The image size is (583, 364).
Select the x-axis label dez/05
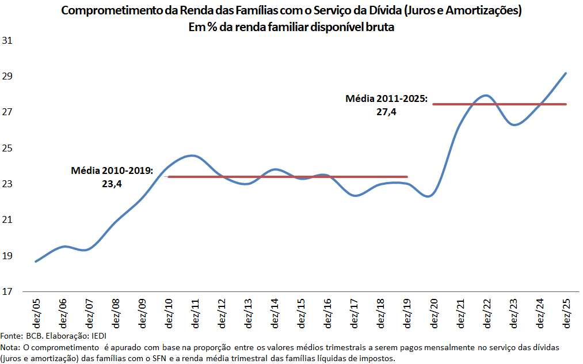36,313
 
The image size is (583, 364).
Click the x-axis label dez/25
566,313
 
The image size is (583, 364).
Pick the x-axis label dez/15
301,313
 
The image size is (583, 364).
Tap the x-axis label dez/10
169,313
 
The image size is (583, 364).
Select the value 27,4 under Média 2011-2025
387,112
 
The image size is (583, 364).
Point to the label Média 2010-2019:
112,171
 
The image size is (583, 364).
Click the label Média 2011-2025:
387,99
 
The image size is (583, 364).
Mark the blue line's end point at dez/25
566,73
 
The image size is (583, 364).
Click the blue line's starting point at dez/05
36,261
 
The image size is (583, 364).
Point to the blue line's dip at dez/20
429,196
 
